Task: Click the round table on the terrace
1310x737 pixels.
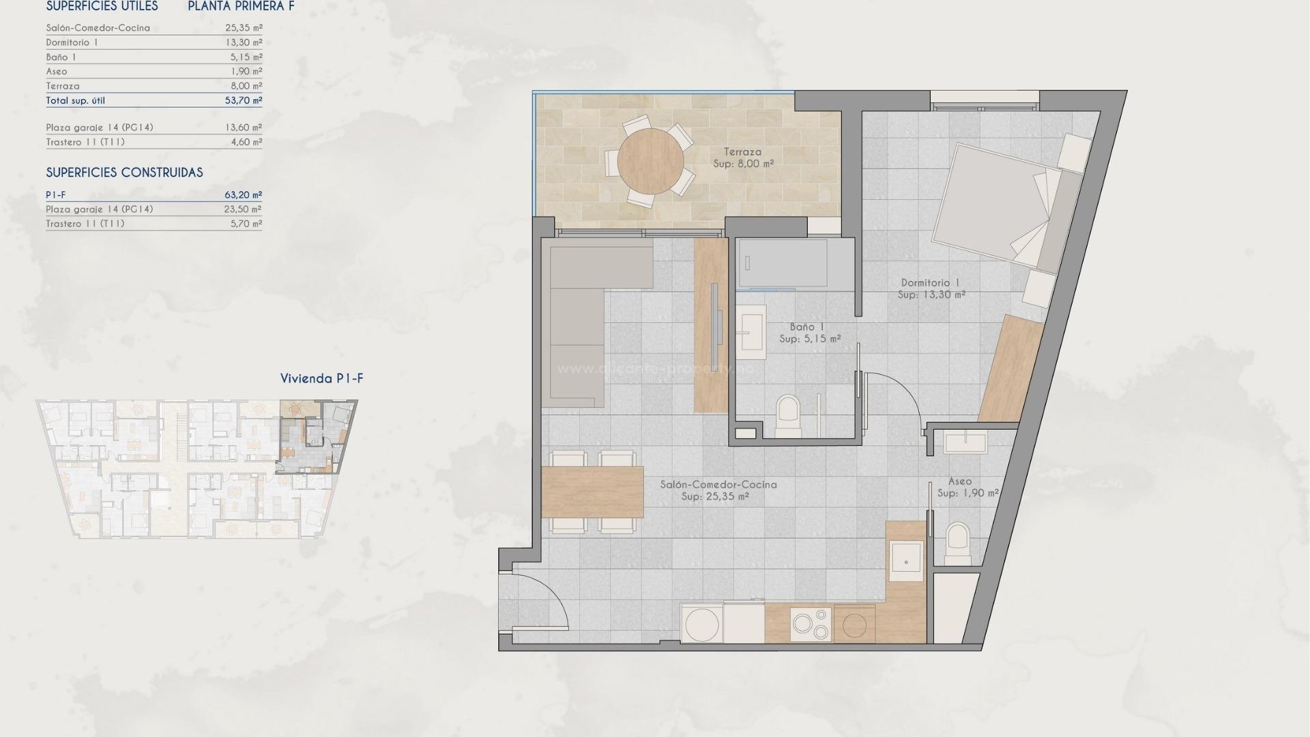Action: [650, 161]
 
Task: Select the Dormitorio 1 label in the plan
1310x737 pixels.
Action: [930, 283]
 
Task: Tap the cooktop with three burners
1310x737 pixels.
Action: [811, 624]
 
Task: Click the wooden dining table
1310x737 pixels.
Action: [592, 491]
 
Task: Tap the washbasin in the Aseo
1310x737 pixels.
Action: [965, 442]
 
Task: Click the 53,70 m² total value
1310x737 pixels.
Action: [244, 100]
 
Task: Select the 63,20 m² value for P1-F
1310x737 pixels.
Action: [244, 195]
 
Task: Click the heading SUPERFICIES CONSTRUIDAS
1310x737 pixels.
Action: [124, 173]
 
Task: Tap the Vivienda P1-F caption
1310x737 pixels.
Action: [321, 379]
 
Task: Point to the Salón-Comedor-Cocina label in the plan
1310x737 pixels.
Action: [718, 485]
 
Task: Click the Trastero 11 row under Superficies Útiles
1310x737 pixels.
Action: [85, 142]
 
